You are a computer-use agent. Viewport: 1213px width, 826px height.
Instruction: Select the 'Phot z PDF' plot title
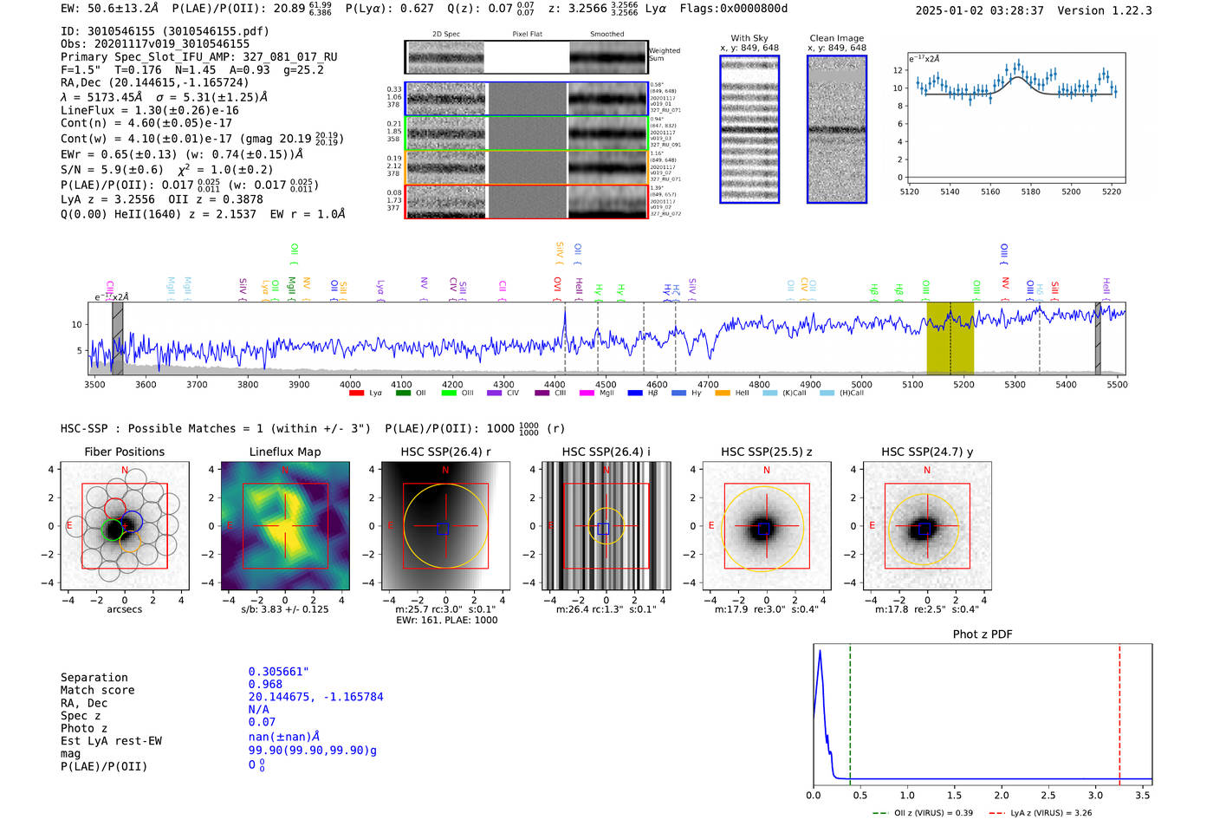pyautogui.click(x=983, y=634)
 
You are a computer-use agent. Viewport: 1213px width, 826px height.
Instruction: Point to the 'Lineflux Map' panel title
pyautogui.click(x=284, y=452)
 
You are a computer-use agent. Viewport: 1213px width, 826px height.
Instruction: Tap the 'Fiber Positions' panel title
pyautogui.click(x=124, y=452)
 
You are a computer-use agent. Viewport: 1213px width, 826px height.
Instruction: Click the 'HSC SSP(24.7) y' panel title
pyautogui.click(x=926, y=452)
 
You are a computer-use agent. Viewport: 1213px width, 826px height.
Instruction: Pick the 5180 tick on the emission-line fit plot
pyautogui.click(x=1030, y=192)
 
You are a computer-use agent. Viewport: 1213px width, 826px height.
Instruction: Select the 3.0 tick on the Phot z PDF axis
pyautogui.click(x=1095, y=795)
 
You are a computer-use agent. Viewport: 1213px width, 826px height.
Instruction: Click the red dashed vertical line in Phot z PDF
pyautogui.click(x=1119, y=711)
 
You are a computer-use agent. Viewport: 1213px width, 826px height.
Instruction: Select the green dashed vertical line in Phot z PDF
pyautogui.click(x=850, y=711)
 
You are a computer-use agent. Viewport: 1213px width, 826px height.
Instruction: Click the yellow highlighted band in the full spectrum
pyautogui.click(x=950, y=338)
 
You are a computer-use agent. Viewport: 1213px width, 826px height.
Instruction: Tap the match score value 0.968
pyautogui.click(x=265, y=685)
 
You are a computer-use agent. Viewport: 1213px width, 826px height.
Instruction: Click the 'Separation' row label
pyautogui.click(x=94, y=677)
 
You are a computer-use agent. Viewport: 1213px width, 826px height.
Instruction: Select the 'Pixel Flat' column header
pyautogui.click(x=527, y=34)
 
